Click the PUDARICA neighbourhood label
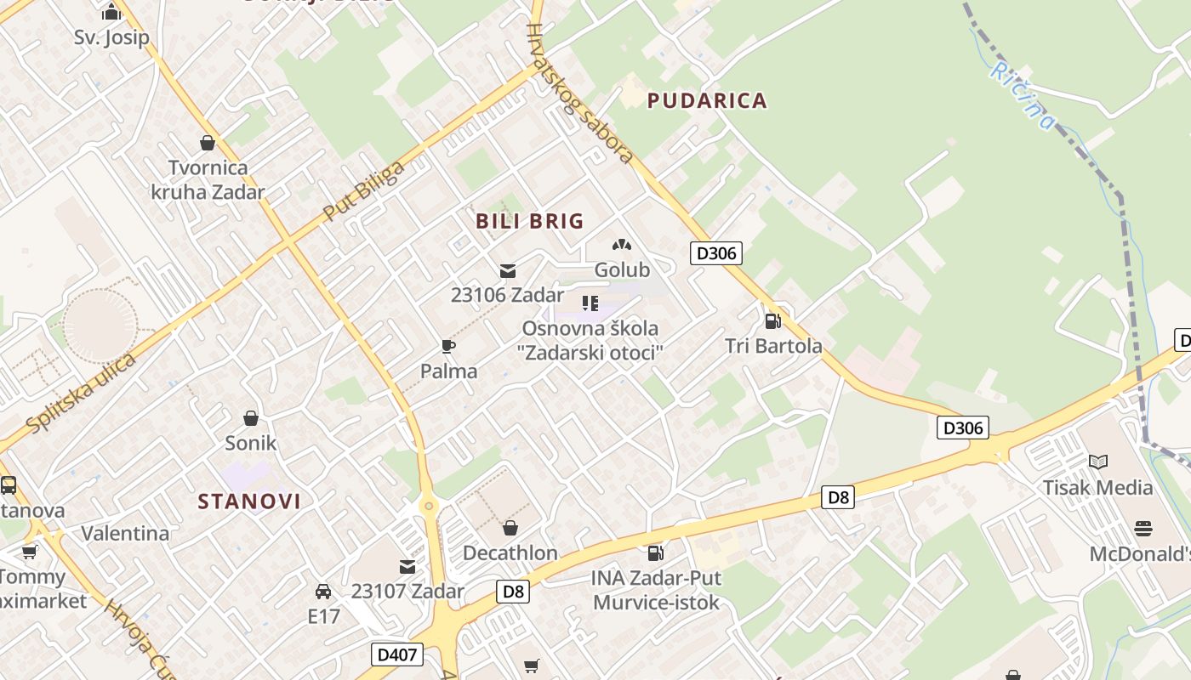pyautogui.click(x=707, y=100)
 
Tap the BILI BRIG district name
pyautogui.click(x=529, y=221)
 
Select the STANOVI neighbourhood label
pyautogui.click(x=249, y=501)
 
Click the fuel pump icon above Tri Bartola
pyautogui.click(x=772, y=320)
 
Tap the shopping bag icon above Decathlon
pyautogui.click(x=510, y=528)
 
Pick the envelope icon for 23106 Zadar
pyautogui.click(x=508, y=271)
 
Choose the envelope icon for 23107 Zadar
pyautogui.click(x=407, y=566)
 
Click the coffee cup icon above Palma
pyautogui.click(x=448, y=346)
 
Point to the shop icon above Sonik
pyautogui.click(x=250, y=418)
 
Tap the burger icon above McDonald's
pyautogui.click(x=1143, y=529)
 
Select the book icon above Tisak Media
pyautogui.click(x=1098, y=462)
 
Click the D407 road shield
pyautogui.click(x=397, y=654)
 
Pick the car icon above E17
pyautogui.click(x=323, y=591)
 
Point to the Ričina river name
pyautogui.click(x=1022, y=95)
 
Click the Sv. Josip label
pyautogui.click(x=111, y=37)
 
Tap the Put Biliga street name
pyautogui.click(x=363, y=190)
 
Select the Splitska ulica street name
pyautogui.click(x=81, y=393)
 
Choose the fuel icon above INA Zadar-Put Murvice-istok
pyautogui.click(x=655, y=553)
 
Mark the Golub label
pyautogui.click(x=622, y=269)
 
